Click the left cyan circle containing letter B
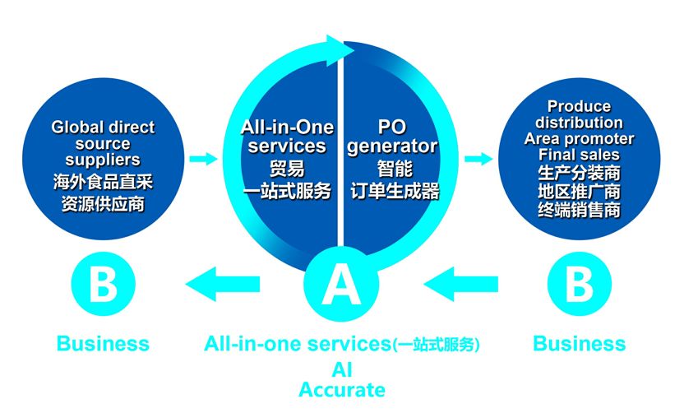[x=103, y=285]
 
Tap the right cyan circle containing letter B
[x=580, y=285]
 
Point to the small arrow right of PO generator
[x=475, y=156]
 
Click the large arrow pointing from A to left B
[x=226, y=285]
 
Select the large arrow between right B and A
[x=460, y=285]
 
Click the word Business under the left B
[x=103, y=343]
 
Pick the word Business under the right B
[x=580, y=343]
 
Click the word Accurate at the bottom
[x=341, y=389]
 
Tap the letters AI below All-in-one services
[x=341, y=369]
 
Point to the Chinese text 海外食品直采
[x=103, y=181]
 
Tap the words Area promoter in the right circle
[x=580, y=138]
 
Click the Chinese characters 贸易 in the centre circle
[x=287, y=169]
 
